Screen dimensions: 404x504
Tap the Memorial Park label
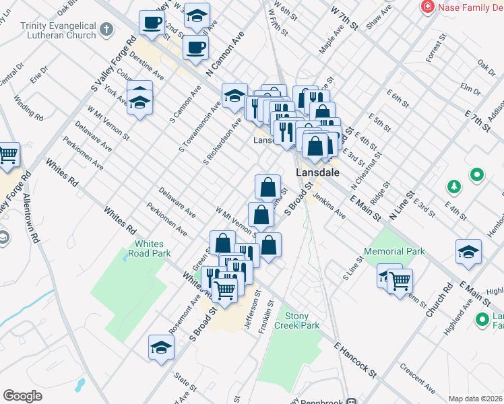(394, 251)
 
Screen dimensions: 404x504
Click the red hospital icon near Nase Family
(427, 7)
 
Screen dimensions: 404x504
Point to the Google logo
(23, 396)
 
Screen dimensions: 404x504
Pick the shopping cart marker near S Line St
(400, 279)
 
